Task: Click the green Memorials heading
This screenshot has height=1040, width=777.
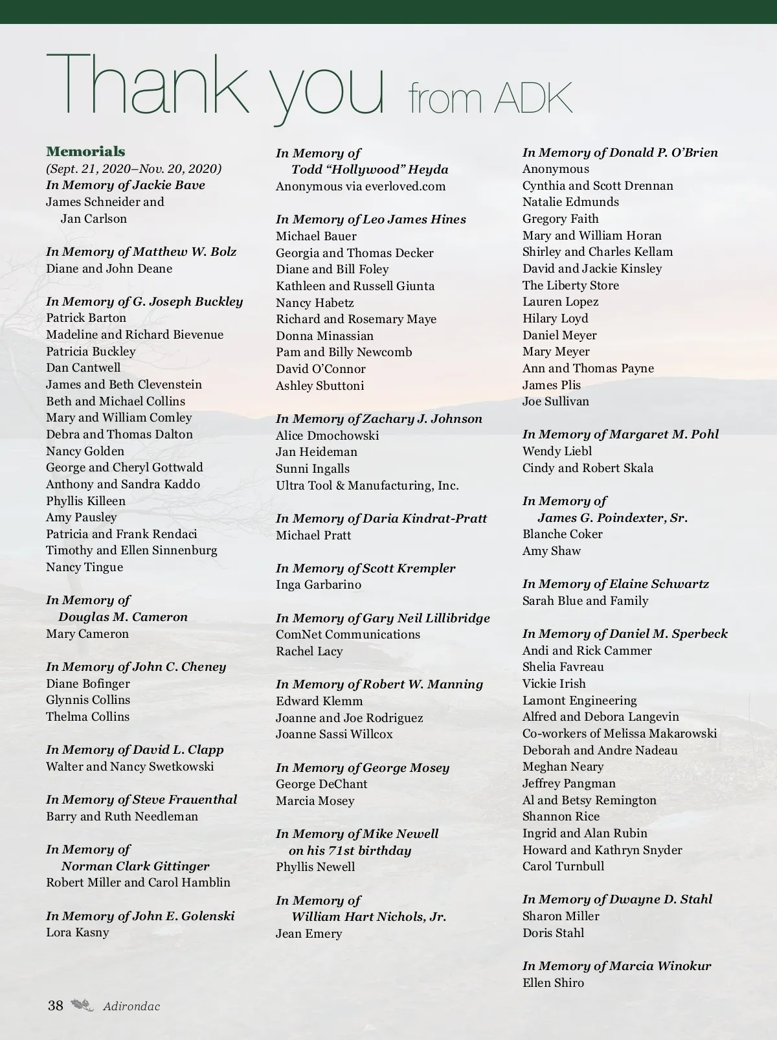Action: click(85, 152)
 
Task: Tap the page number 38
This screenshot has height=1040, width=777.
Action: click(56, 1005)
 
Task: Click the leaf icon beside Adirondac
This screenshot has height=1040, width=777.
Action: click(82, 1005)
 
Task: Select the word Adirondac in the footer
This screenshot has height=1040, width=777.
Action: click(131, 1006)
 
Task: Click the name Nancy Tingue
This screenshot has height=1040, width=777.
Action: click(84, 567)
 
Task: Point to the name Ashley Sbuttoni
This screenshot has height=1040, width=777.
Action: click(320, 386)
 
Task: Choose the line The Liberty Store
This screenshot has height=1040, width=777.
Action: click(570, 286)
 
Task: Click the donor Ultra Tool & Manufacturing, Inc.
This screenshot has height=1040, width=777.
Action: click(367, 486)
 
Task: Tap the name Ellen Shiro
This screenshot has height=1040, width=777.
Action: click(553, 983)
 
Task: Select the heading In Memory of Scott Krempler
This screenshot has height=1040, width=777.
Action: click(365, 569)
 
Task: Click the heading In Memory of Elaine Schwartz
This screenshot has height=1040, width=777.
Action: click(615, 584)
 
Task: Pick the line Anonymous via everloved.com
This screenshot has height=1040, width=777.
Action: click(361, 187)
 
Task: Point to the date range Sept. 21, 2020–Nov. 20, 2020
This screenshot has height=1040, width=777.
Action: click(134, 169)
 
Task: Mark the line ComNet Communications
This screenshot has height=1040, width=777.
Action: click(348, 635)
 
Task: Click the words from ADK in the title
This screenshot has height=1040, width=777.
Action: click(490, 97)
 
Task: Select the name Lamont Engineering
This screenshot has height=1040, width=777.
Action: click(580, 701)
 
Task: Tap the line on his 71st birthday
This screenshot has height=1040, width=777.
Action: click(350, 851)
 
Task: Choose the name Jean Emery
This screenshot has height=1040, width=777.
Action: click(309, 934)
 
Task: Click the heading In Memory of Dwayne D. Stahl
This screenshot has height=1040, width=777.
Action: click(617, 899)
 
